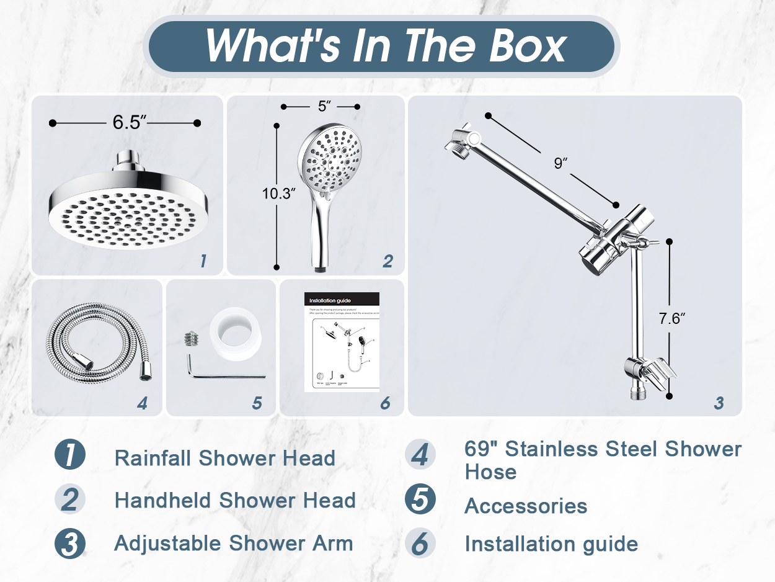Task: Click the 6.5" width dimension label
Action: (x=129, y=122)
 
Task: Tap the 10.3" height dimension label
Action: (x=278, y=193)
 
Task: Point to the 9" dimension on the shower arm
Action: (x=561, y=163)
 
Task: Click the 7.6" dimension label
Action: (x=671, y=319)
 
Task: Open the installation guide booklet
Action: (x=341, y=341)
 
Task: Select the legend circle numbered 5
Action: (x=420, y=500)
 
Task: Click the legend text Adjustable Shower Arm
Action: (x=233, y=544)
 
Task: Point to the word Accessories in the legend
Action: (x=526, y=506)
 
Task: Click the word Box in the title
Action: (x=528, y=45)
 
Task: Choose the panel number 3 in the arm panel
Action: (x=719, y=403)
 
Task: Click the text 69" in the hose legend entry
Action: (x=479, y=449)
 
